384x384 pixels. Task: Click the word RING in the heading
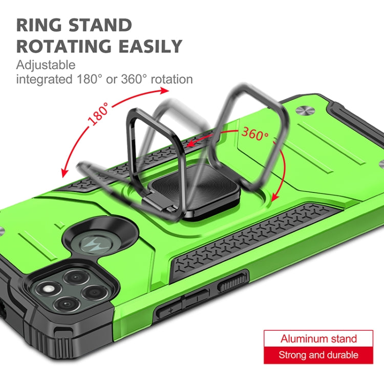pyautogui.click(x=39, y=25)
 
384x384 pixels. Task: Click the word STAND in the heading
pyautogui.click(x=100, y=25)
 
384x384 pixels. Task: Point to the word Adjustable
pyautogui.click(x=46, y=66)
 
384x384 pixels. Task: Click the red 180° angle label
pyautogui.click(x=98, y=114)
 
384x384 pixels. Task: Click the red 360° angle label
pyautogui.click(x=255, y=134)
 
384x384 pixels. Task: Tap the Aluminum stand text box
pyautogui.click(x=318, y=339)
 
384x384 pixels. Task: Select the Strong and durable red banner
pyautogui.click(x=318, y=355)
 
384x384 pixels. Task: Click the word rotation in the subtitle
pyautogui.click(x=172, y=79)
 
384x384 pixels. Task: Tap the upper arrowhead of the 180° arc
pyautogui.click(x=164, y=91)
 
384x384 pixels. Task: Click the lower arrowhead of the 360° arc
pyautogui.click(x=275, y=197)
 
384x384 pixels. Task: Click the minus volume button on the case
pyautogui.click(x=197, y=297)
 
